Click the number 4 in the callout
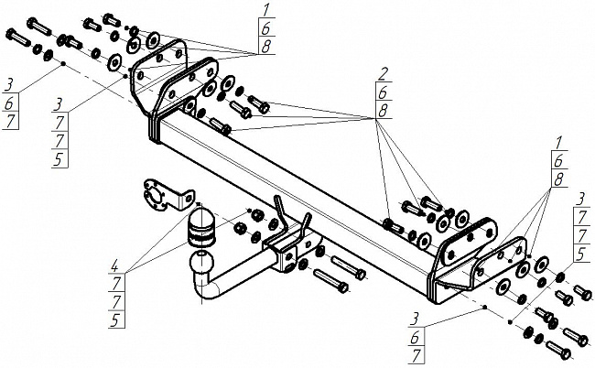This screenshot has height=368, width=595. click(114, 267)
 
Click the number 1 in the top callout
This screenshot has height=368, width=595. click(265, 11)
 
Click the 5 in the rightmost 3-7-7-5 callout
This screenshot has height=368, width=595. click(582, 253)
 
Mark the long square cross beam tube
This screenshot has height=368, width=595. click(293, 174)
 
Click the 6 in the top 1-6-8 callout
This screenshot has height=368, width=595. click(265, 29)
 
